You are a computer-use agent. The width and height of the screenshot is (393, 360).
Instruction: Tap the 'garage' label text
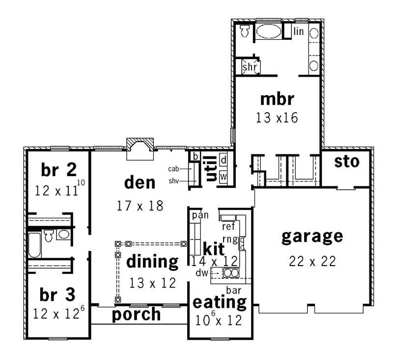[311, 237]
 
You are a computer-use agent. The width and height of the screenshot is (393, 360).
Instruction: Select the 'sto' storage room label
[346, 161]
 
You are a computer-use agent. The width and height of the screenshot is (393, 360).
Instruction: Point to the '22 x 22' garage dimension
[312, 261]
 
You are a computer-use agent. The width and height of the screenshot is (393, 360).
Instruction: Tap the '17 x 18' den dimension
[140, 206]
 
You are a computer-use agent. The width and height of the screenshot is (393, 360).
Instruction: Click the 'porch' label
[136, 314]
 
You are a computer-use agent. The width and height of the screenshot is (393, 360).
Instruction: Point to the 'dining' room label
[152, 262]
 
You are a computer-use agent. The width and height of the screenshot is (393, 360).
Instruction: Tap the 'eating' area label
[220, 301]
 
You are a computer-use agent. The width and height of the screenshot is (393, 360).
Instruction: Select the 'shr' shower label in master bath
[250, 66]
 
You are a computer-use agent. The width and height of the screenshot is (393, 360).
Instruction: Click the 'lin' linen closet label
[299, 31]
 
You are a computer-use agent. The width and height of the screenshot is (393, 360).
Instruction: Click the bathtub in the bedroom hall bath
[34, 244]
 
